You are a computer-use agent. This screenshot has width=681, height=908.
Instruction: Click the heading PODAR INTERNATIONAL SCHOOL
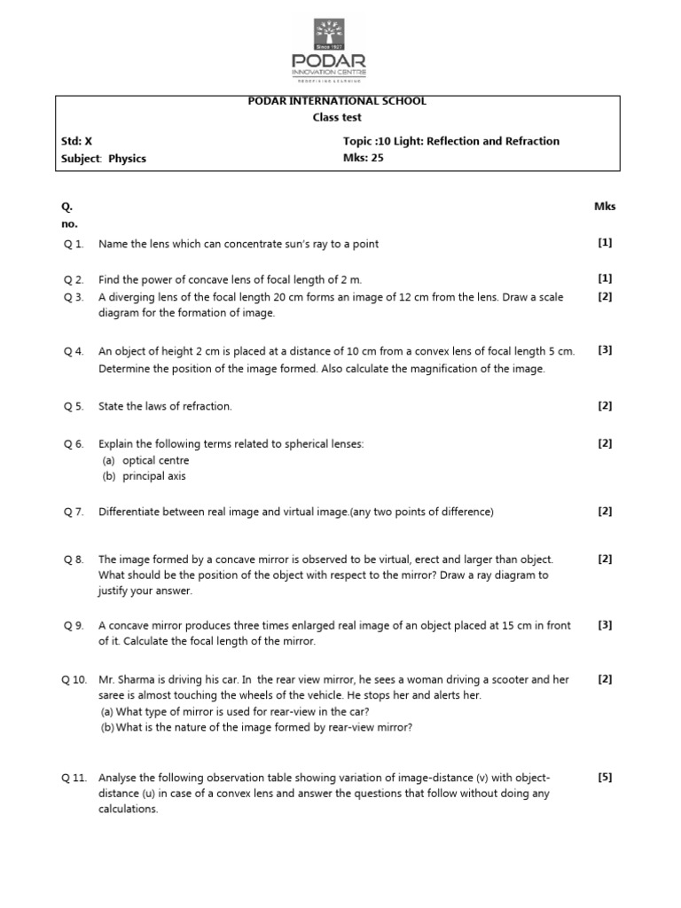point(337,101)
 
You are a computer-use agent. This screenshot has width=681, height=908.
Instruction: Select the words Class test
point(337,117)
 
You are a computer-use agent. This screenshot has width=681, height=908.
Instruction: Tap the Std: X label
point(76,142)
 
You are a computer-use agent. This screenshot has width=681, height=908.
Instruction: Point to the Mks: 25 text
point(363,159)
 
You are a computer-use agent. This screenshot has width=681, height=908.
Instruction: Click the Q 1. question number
point(73,244)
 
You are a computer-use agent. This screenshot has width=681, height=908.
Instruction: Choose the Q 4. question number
point(73,351)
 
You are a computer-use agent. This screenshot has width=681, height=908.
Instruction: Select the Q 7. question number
point(73,512)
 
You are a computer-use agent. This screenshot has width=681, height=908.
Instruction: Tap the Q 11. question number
point(74,778)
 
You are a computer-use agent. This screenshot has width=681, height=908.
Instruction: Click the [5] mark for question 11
point(605,778)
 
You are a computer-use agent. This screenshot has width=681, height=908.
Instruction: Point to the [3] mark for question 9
point(605,625)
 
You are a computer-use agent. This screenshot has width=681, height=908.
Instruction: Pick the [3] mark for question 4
point(605,350)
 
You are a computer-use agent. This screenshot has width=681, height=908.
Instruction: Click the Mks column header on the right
point(605,207)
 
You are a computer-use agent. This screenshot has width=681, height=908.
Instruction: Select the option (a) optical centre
point(145,461)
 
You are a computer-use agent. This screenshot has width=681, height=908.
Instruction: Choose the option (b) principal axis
point(144,476)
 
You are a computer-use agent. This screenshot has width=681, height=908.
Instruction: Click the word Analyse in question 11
point(118,778)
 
